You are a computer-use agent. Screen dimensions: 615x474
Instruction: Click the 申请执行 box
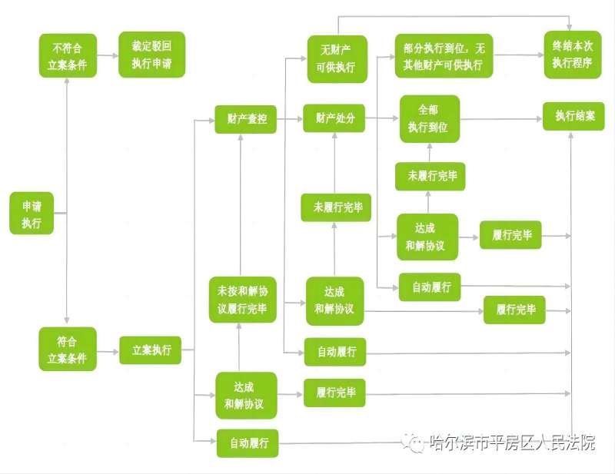pos(32,214)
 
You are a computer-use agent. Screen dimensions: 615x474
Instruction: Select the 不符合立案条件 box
pos(68,55)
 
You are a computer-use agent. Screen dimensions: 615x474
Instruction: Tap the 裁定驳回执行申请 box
pos(151,55)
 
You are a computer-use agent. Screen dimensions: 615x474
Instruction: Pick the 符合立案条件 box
pos(68,349)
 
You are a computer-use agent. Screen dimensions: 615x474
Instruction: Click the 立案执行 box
pos(151,350)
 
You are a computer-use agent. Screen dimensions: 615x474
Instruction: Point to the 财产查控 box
pos(245,119)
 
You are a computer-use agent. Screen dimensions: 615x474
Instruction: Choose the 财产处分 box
pos(334,118)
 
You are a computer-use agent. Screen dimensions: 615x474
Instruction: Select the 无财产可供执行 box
pos(337,59)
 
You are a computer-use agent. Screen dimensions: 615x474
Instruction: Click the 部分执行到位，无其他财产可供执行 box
pos(444,55)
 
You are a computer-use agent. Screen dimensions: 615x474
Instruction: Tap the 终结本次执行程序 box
pos(573,55)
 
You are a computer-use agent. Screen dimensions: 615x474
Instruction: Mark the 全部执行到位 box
pos(430,119)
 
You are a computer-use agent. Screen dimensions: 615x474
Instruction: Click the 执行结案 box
pos(573,117)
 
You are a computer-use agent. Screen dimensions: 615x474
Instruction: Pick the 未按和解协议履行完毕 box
pos(243,300)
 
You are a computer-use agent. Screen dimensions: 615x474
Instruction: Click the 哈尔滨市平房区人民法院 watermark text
pos(512,443)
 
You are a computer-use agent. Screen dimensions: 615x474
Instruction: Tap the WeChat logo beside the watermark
pos(414,443)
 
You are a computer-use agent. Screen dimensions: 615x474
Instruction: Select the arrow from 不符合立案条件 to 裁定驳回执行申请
pos(108,55)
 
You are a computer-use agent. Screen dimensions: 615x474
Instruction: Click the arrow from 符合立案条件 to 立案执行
pos(108,352)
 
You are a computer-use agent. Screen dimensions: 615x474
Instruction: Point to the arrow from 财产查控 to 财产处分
pos(290,119)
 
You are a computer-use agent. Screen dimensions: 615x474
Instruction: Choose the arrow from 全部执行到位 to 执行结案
pos(501,119)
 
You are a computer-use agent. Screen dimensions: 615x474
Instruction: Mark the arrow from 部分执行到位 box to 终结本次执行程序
pos(518,55)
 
